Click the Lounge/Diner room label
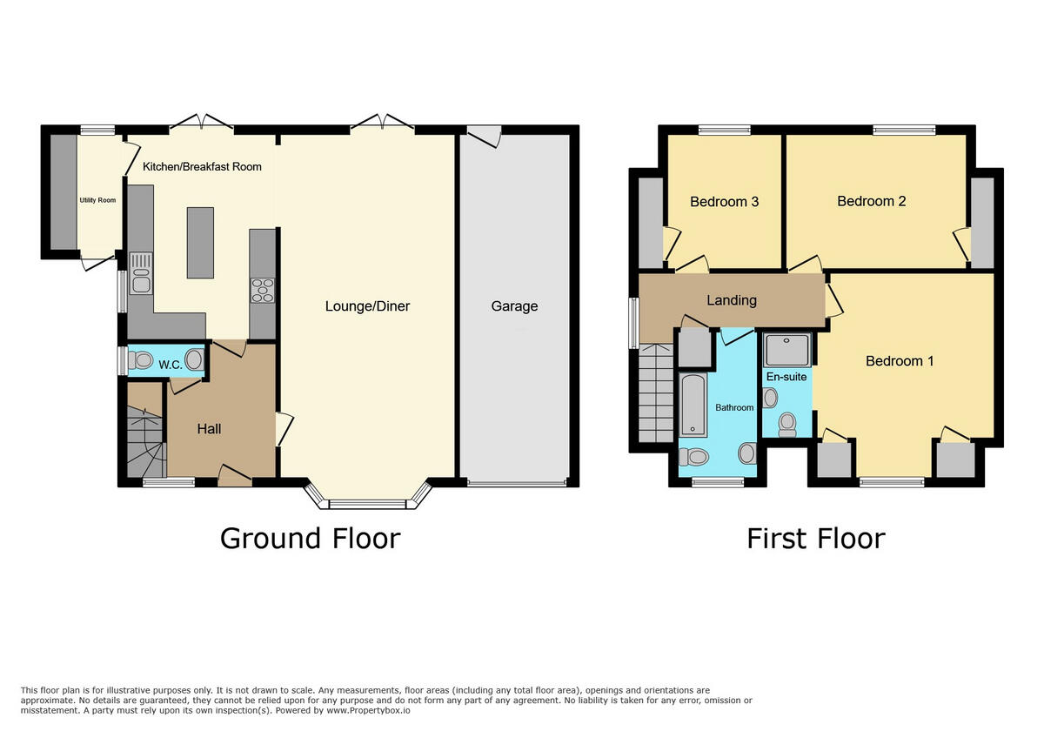point(367,306)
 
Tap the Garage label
point(514,306)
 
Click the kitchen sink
point(140,273)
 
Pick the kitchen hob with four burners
point(263,289)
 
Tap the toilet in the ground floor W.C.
point(138,360)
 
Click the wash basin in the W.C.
point(194,360)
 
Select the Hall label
point(209,429)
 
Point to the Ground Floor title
point(310,539)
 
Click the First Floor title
point(815,539)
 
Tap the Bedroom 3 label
point(724,202)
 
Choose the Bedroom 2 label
point(871,201)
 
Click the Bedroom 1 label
point(899,361)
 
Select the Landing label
point(731,300)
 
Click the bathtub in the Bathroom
point(693,405)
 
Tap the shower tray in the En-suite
point(786,351)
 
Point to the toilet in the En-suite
point(787,424)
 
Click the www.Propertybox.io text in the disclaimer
point(368,711)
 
